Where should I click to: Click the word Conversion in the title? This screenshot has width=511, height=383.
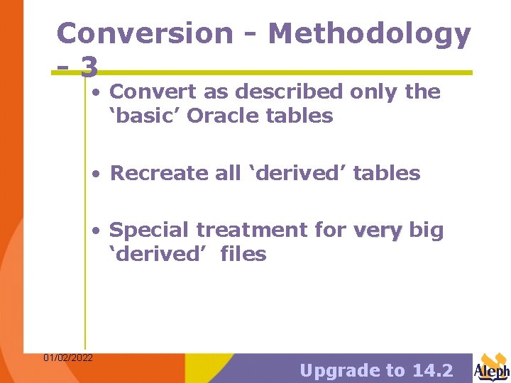[144, 33]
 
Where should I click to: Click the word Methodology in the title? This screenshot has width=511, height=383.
[370, 33]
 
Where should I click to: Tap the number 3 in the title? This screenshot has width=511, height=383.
[89, 67]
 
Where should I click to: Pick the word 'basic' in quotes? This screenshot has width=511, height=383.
[145, 116]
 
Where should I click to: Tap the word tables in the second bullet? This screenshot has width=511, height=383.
[387, 173]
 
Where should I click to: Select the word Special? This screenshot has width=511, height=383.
[150, 230]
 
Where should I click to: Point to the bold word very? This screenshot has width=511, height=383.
[378, 230]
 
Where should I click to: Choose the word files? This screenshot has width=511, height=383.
[243, 254]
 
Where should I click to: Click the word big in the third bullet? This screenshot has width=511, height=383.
[427, 230]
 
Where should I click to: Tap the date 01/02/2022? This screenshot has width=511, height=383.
[68, 357]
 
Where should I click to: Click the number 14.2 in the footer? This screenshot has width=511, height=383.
[432, 370]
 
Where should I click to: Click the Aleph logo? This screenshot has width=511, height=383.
[492, 367]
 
